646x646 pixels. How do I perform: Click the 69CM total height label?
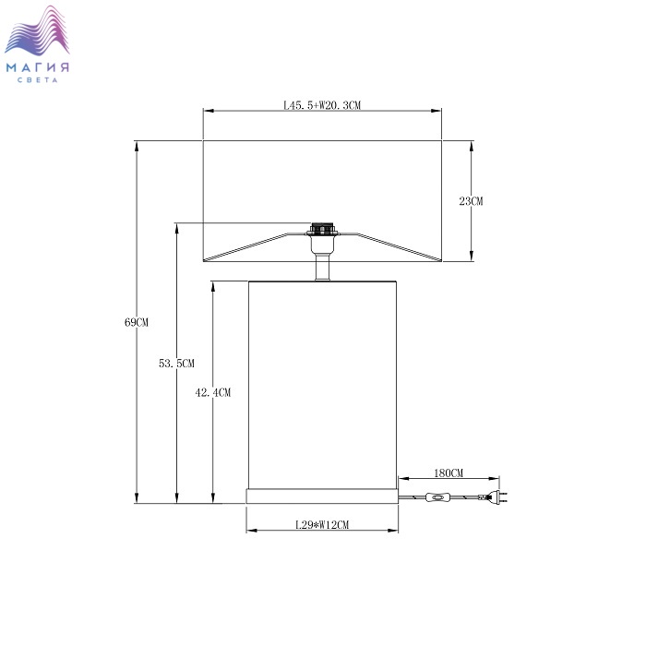(137, 322)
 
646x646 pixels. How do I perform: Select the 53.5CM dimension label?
(176, 364)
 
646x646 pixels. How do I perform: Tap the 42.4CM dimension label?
(212, 392)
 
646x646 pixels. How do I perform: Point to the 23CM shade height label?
(471, 201)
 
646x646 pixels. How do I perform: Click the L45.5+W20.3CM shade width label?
(322, 105)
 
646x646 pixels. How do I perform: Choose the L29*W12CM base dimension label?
(322, 525)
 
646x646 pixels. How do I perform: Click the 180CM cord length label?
(449, 473)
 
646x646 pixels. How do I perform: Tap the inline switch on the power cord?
(437, 498)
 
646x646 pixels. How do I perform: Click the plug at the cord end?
(496, 497)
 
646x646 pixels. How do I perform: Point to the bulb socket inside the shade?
(322, 229)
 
